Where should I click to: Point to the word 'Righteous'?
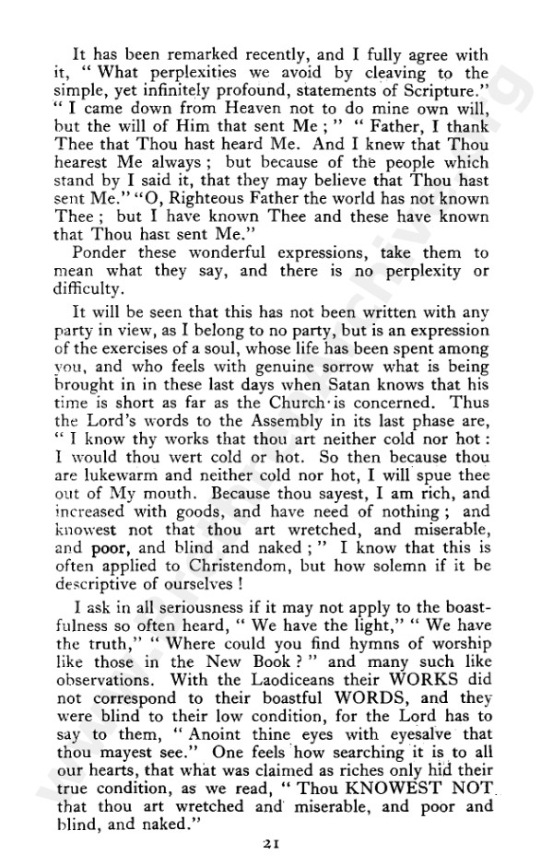tap(159, 194)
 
